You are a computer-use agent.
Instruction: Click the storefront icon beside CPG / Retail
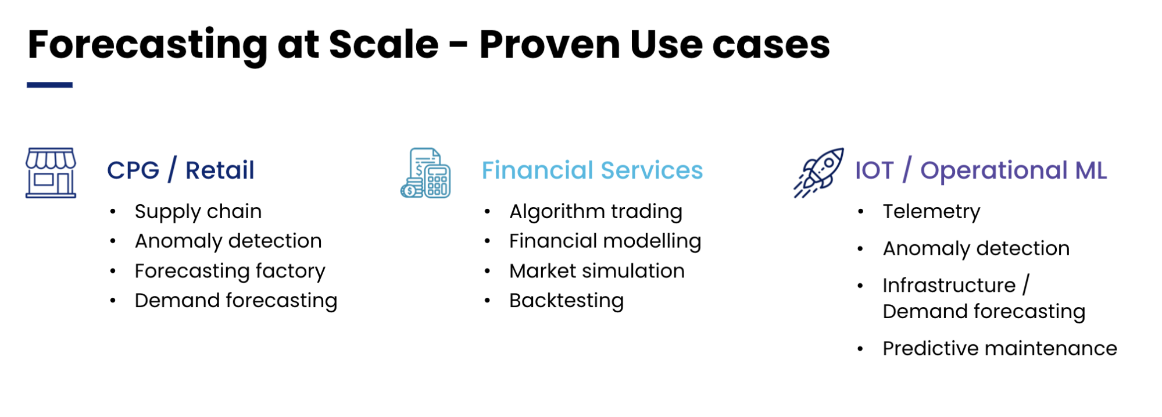coord(51,173)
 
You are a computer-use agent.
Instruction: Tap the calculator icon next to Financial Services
coord(426,173)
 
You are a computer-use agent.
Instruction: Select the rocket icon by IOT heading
coord(819,173)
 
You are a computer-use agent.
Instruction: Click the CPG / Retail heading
coord(181,170)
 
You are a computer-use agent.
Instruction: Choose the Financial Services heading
coord(592,170)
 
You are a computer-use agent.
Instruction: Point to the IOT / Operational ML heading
coord(981,170)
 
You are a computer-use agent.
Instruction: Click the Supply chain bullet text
coord(198,212)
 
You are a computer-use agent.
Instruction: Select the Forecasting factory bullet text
coord(230,271)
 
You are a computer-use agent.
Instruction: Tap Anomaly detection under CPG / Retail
coord(228,241)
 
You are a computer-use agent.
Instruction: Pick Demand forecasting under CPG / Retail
coord(236,301)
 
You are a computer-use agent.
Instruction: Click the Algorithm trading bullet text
coord(596,212)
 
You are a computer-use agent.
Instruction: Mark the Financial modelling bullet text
coord(605,241)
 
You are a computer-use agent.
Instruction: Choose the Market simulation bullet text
coord(597,271)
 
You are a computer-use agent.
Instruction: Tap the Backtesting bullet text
coord(567,301)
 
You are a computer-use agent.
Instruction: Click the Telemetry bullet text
coord(932,212)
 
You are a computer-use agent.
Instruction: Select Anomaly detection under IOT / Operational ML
coord(977,248)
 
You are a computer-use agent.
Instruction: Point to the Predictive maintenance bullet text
coord(1000,348)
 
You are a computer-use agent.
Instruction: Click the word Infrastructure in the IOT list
coord(949,286)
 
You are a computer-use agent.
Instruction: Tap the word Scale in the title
coord(384,44)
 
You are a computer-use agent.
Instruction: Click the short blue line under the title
coord(49,85)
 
